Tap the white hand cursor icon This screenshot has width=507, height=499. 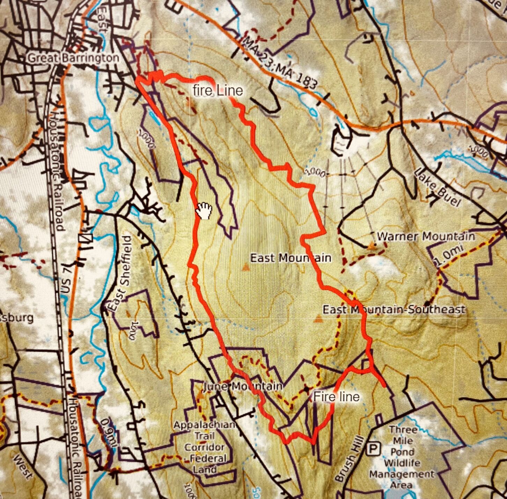(x=204, y=211)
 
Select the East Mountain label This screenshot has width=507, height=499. (x=291, y=258)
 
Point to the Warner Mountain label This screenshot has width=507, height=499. (x=426, y=236)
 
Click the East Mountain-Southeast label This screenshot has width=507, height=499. (x=394, y=309)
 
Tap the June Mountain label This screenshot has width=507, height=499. (x=243, y=386)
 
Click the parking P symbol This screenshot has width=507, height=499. (x=373, y=449)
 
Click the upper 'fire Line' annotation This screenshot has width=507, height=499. (x=218, y=91)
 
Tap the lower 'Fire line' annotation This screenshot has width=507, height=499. (x=336, y=397)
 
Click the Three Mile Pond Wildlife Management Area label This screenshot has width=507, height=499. (x=402, y=457)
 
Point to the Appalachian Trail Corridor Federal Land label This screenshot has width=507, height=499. (x=205, y=447)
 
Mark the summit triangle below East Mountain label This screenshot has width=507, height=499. (x=246, y=268)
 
